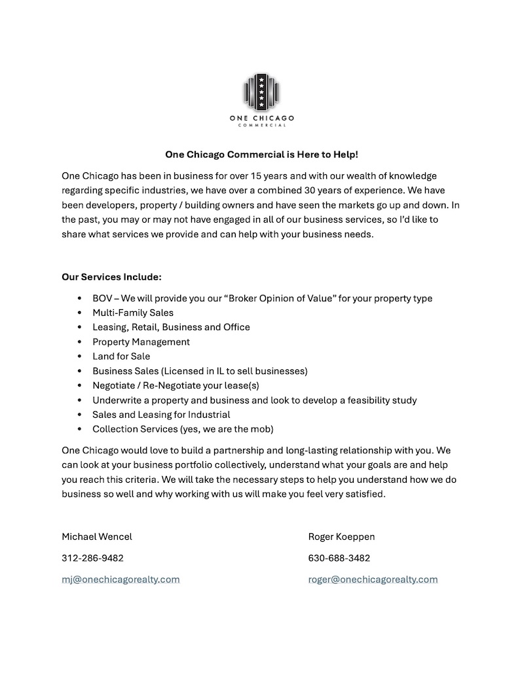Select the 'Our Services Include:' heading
pyautogui.click(x=111, y=277)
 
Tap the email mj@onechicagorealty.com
pyautogui.click(x=121, y=580)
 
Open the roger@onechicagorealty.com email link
pyautogui.click(x=373, y=580)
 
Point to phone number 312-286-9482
pyautogui.click(x=92, y=559)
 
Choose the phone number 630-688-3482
pyautogui.click(x=339, y=559)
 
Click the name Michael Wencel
pyautogui.click(x=97, y=537)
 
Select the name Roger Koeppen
pyautogui.click(x=341, y=537)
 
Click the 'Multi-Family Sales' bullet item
pyautogui.click(x=133, y=313)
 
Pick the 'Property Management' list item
pyautogui.click(x=141, y=342)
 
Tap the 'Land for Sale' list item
pyautogui.click(x=121, y=357)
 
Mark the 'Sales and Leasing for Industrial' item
pyautogui.click(x=161, y=415)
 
